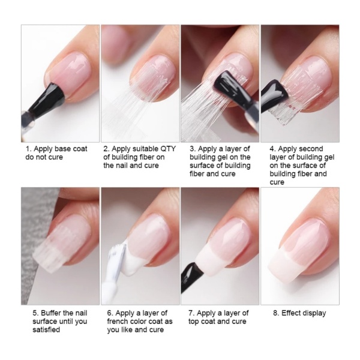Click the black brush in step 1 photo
[47, 101]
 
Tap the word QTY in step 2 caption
[168, 149]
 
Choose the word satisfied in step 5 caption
[46, 329]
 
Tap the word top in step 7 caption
[194, 322]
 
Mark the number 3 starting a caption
[192, 149]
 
